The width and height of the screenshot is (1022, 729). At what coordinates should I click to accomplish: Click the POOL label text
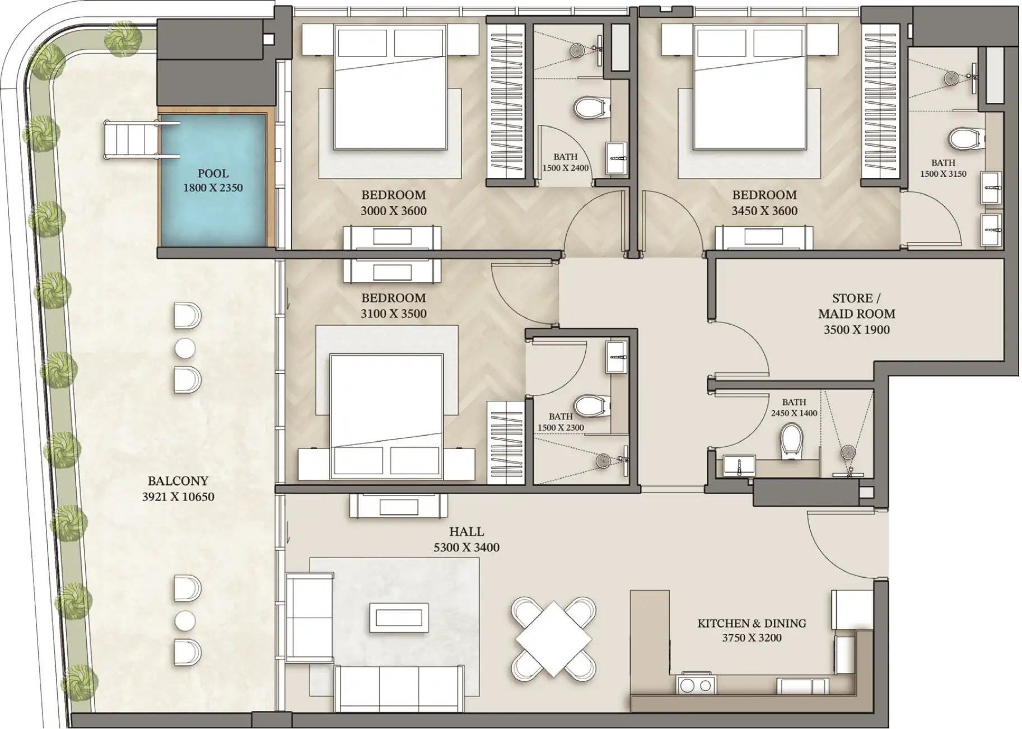pyautogui.click(x=213, y=174)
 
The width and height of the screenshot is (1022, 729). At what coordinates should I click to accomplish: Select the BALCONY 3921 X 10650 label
pyautogui.click(x=178, y=489)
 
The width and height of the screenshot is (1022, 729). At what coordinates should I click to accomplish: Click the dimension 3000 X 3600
pyautogui.click(x=394, y=211)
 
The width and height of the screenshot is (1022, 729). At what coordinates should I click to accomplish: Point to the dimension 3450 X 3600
pyautogui.click(x=764, y=211)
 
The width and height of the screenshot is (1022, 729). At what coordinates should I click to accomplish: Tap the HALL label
pyautogui.click(x=466, y=531)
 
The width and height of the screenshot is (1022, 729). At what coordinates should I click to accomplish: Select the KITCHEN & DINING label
pyautogui.click(x=752, y=623)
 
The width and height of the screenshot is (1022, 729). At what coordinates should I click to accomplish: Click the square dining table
pyautogui.click(x=553, y=638)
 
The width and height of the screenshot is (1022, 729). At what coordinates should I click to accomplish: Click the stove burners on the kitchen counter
pyautogui.click(x=697, y=685)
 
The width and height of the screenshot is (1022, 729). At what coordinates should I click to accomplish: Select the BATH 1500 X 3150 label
pyautogui.click(x=943, y=168)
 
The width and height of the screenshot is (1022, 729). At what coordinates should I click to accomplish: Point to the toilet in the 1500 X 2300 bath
pyautogui.click(x=591, y=405)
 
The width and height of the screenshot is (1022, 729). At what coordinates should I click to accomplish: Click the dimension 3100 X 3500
pyautogui.click(x=394, y=314)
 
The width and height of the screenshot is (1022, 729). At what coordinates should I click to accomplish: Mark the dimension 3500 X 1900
pyautogui.click(x=857, y=330)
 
